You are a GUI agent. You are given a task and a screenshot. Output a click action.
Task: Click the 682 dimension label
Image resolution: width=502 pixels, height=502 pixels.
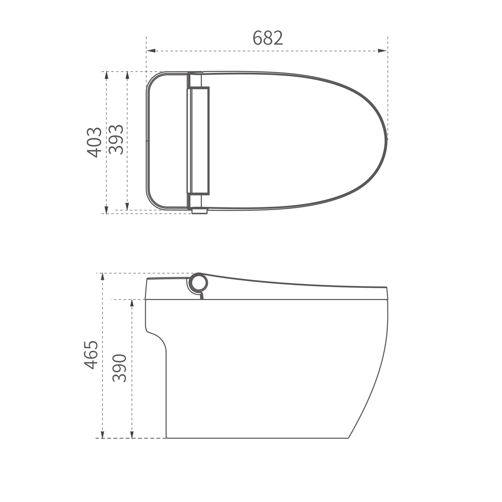(268, 38)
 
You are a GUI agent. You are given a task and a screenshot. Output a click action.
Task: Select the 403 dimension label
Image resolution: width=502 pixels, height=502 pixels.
(94, 143)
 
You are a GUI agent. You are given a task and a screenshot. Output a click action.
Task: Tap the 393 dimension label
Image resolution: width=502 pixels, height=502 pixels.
(116, 140)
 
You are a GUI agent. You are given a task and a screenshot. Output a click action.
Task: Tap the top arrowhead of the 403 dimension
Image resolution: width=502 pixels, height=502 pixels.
(106, 75)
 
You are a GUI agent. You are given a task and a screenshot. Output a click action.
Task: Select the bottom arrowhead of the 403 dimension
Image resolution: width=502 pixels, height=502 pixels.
(106, 210)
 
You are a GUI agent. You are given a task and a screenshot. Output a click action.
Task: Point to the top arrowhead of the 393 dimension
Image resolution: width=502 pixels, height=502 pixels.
(127, 75)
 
